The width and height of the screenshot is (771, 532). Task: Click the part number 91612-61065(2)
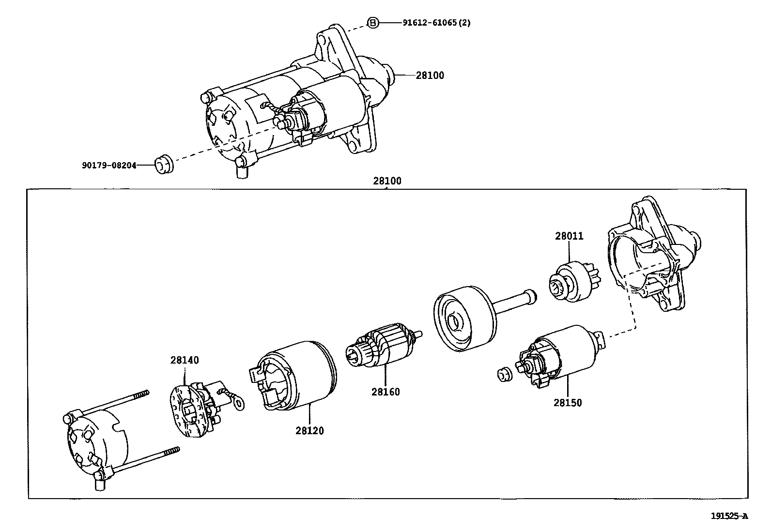point(436,23)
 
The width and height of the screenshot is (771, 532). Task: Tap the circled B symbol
point(372,23)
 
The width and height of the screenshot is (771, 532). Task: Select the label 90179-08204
point(108,166)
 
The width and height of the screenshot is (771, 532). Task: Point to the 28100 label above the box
point(387,182)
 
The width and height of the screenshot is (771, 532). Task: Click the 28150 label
point(568,403)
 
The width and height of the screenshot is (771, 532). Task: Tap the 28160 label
point(385,392)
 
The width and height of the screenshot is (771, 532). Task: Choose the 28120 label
point(309,431)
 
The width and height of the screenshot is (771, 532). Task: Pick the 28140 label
point(185,360)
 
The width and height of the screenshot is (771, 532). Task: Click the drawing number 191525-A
point(729,516)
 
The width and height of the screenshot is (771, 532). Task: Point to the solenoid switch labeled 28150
point(562,353)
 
